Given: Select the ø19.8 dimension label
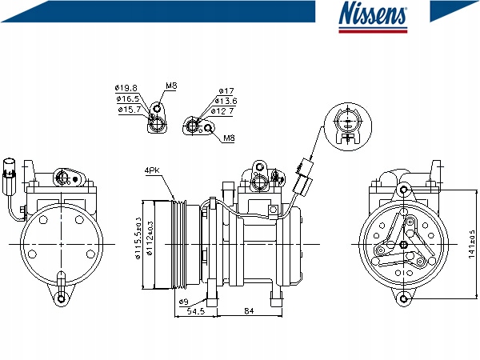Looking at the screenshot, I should click(126, 88).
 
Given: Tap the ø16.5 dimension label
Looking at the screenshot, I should click(128, 98).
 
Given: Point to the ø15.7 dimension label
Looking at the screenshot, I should click(129, 110).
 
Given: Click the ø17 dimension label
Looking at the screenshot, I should click(226, 90).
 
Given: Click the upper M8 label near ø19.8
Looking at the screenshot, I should click(171, 86).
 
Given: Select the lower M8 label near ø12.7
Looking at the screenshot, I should click(229, 138).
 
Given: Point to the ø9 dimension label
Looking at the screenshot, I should click(183, 301).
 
